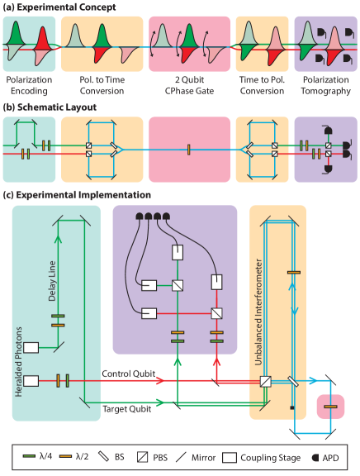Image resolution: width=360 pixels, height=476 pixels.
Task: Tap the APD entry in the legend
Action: coord(324,455)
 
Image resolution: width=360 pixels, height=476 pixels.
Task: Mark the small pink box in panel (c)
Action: coord(329,407)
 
